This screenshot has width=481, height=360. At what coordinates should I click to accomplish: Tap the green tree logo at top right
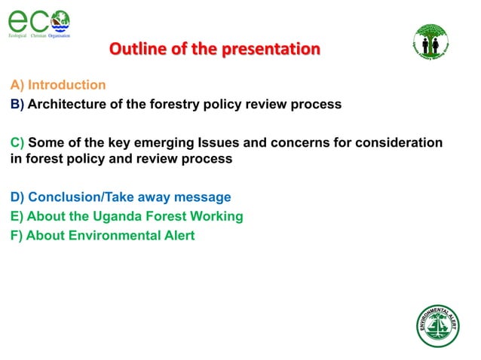430,41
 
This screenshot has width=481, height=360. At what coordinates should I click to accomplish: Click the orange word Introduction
66,85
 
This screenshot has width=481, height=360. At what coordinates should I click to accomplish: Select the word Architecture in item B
66,104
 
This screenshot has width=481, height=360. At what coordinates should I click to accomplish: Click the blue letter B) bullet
17,104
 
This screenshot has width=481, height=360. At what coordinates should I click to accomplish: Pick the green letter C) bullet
17,142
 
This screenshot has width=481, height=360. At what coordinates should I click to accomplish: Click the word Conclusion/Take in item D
80,197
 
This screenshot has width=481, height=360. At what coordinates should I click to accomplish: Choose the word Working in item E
216,216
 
